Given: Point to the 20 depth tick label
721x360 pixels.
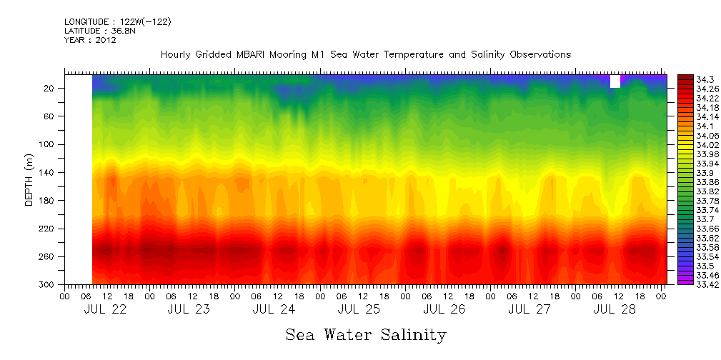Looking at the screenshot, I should coord(50,89).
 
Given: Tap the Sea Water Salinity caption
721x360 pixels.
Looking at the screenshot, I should coord(366,334).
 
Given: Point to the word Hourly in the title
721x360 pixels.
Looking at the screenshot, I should coord(176,55).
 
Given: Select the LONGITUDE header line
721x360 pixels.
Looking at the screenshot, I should coord(117,22).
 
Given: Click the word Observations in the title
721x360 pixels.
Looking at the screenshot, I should coord(539,55).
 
